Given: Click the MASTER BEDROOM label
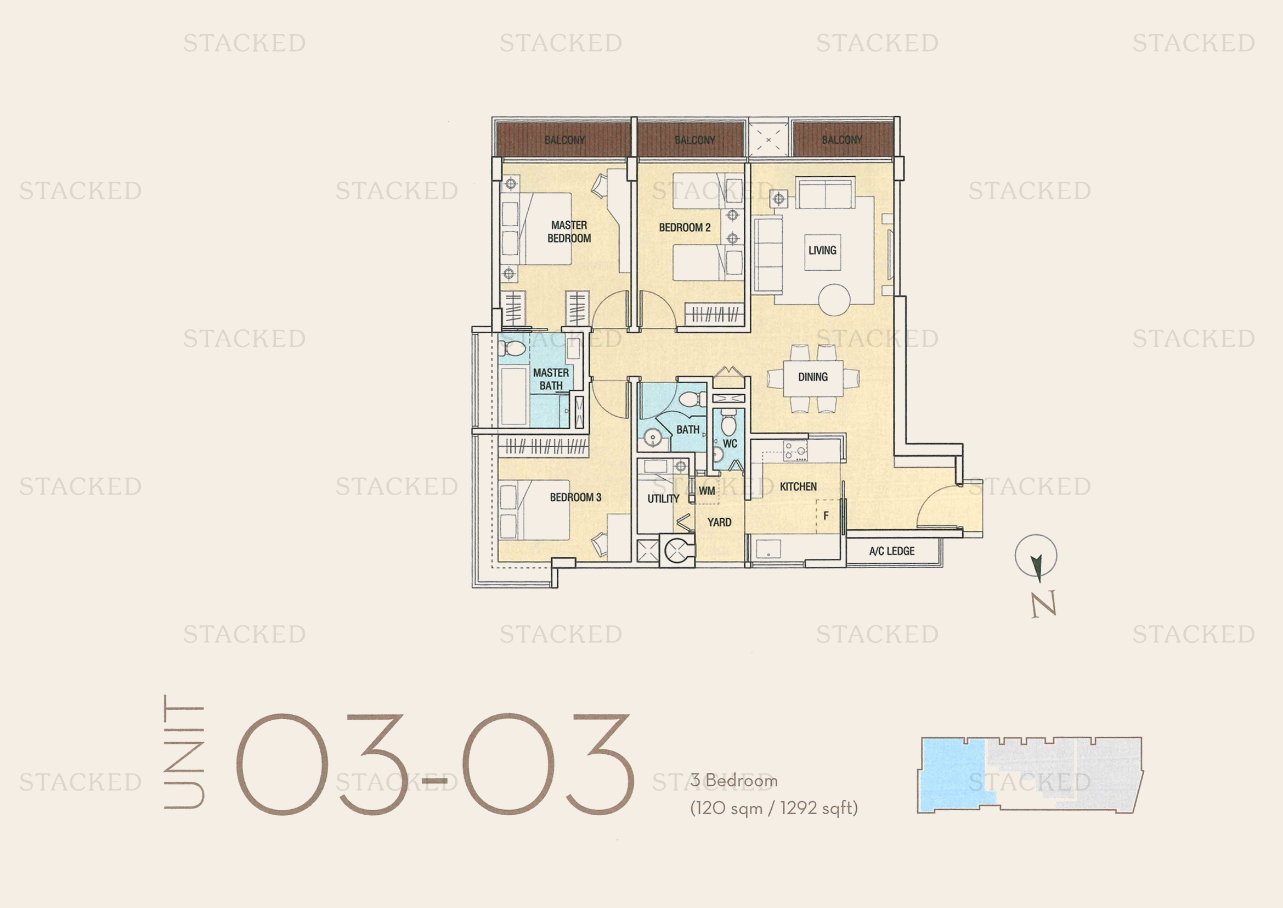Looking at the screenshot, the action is tap(569, 232).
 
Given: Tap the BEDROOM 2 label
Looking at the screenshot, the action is tap(685, 228).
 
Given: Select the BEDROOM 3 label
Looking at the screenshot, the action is tap(575, 497).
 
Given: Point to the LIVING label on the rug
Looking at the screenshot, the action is tap(822, 250).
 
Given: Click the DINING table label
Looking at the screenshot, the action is tap(812, 377).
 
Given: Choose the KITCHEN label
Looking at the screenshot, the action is tap(798, 486).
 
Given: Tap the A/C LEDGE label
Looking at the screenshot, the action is tap(892, 551).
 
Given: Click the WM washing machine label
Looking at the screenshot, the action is tap(707, 491).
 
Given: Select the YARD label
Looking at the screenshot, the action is tap(719, 522).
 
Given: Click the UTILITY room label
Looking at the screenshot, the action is tap(663, 498).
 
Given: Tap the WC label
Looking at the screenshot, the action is tap(730, 444).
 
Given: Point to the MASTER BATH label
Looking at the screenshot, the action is tap(551, 379).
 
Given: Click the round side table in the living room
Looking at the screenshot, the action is tap(834, 300).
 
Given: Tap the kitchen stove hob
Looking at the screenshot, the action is tap(795, 450).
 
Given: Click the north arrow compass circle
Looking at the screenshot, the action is tap(1036, 556).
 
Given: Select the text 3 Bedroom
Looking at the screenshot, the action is tap(734, 780).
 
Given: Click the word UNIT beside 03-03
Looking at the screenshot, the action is tap(184, 752).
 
